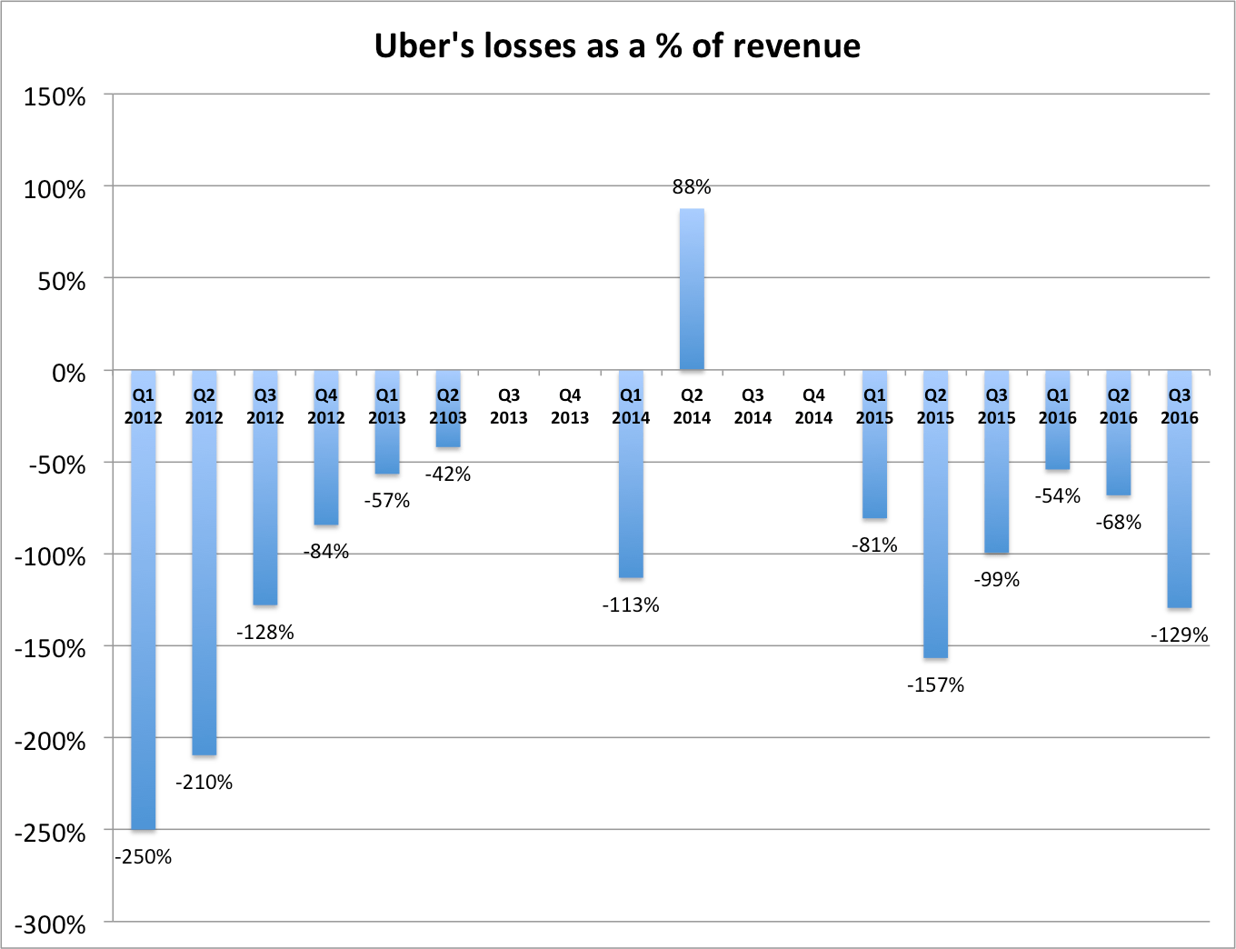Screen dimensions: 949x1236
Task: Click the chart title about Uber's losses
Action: (x=617, y=45)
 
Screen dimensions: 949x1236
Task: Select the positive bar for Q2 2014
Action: (x=692, y=289)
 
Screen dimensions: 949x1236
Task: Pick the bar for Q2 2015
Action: (x=935, y=545)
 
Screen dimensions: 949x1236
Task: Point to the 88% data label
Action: (x=692, y=187)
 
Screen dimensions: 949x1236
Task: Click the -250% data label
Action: (x=144, y=856)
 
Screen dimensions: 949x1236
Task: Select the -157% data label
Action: (x=935, y=685)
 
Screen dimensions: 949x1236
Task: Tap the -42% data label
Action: (x=448, y=474)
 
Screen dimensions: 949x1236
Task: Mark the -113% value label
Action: (x=631, y=605)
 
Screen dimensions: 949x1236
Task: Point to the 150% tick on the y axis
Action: (x=55, y=97)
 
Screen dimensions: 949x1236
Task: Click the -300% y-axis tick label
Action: (x=50, y=924)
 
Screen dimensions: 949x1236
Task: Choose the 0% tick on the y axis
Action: (x=68, y=373)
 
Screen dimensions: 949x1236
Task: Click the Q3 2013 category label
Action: (x=509, y=406)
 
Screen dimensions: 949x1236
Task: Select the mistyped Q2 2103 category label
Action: (x=448, y=406)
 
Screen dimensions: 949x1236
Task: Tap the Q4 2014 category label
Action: (x=813, y=406)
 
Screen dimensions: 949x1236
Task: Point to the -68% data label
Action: (x=1119, y=523)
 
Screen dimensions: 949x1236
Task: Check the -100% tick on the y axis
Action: (x=50, y=556)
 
